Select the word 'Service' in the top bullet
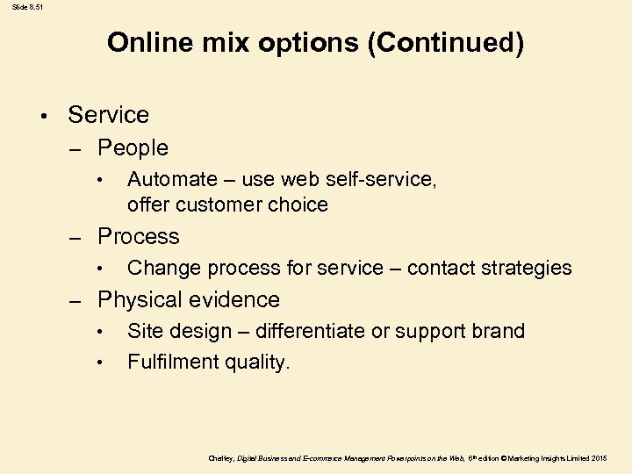108,115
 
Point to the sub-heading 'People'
133,147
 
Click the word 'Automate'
172,180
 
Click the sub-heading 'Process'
138,236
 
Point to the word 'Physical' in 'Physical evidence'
139,300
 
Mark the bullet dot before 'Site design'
102,332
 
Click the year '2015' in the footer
599,458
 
